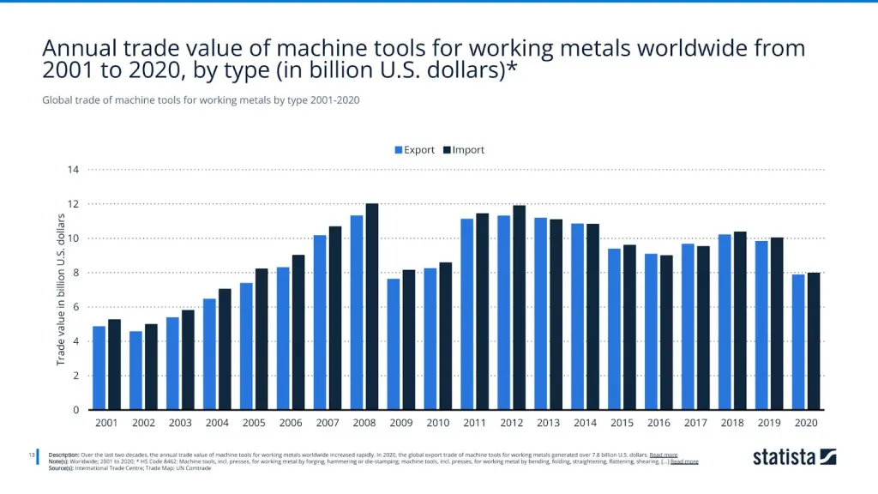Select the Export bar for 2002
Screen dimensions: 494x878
pos(135,370)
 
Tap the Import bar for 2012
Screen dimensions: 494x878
pos(519,308)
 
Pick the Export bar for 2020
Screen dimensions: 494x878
pos(798,342)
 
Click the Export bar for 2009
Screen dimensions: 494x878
pos(394,344)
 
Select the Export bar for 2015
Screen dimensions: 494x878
pos(614,329)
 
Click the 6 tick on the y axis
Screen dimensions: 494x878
pos(75,307)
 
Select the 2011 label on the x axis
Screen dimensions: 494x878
pos(474,423)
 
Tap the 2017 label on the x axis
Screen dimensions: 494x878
pos(695,423)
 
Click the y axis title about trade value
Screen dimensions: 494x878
pos(62,290)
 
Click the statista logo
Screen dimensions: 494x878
pos(794,457)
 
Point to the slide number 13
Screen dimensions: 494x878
pos(32,455)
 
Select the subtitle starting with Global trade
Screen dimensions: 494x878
pos(201,100)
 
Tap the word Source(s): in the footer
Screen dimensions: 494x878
pos(67,468)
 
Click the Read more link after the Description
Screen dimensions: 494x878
pos(664,455)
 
